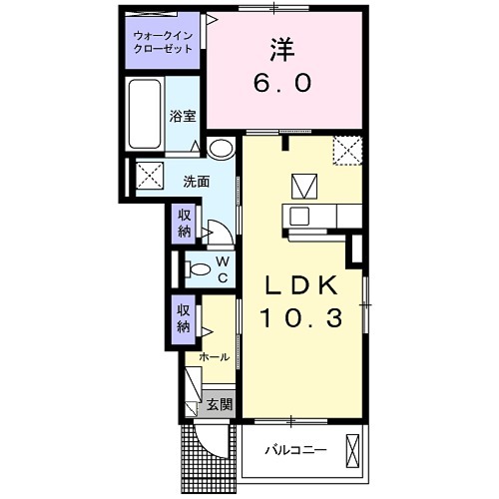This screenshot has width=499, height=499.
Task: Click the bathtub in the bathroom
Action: click(x=145, y=116)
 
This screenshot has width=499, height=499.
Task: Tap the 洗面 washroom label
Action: click(x=196, y=182)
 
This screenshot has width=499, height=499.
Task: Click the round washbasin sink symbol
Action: click(x=222, y=149)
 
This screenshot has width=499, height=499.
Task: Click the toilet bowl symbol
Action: click(x=197, y=267)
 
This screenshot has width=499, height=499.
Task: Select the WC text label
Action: click(x=223, y=267)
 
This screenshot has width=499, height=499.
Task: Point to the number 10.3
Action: click(x=303, y=318)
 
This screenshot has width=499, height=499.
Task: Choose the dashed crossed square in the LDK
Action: click(x=348, y=151)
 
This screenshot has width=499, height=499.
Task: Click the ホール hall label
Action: click(x=215, y=356)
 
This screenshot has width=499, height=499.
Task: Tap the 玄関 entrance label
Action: click(x=220, y=404)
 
